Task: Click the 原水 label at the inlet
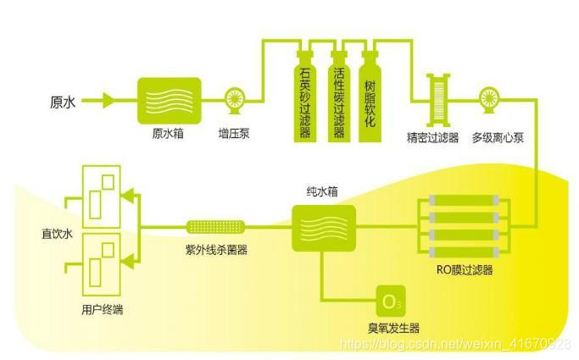[x=64, y=102]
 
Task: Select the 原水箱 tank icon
[x=169, y=100]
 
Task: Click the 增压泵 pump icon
[x=233, y=101]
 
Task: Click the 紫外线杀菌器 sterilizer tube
[x=216, y=227]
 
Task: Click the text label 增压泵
[x=233, y=134]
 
